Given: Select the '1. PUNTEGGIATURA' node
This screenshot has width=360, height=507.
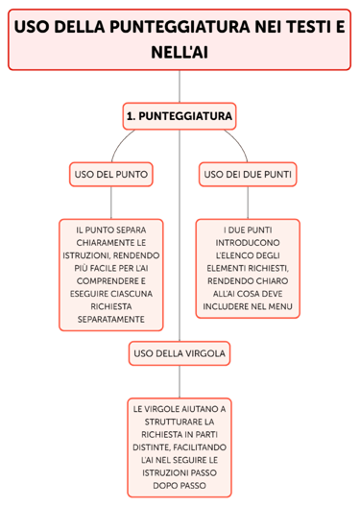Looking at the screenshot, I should point(180,116).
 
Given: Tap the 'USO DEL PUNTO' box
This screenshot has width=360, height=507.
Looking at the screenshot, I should point(111,174).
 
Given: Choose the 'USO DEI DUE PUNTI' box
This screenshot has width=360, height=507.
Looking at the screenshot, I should point(248,174).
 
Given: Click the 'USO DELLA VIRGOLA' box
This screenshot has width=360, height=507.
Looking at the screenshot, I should point(180,353).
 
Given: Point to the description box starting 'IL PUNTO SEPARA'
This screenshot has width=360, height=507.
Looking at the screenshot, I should point(111,274).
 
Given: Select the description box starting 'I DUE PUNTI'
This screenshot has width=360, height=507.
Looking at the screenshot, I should point(248,268).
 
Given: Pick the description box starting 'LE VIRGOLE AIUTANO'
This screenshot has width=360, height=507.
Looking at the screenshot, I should point(180,447).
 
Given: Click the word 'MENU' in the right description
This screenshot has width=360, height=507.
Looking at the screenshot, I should point(280,308).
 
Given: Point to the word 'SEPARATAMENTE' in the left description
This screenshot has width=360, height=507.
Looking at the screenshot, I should point(111,318).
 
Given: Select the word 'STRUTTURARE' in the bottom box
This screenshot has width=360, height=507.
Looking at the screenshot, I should point(180,421).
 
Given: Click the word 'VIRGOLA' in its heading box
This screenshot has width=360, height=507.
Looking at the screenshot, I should point(206,353).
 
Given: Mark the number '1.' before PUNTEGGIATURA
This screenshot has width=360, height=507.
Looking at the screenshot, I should point(132,116).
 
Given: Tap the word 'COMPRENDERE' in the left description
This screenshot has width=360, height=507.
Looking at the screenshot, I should point(111,280).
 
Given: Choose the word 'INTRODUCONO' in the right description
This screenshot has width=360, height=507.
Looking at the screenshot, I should point(248,243).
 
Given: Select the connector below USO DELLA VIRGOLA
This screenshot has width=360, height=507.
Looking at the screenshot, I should point(180,380).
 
